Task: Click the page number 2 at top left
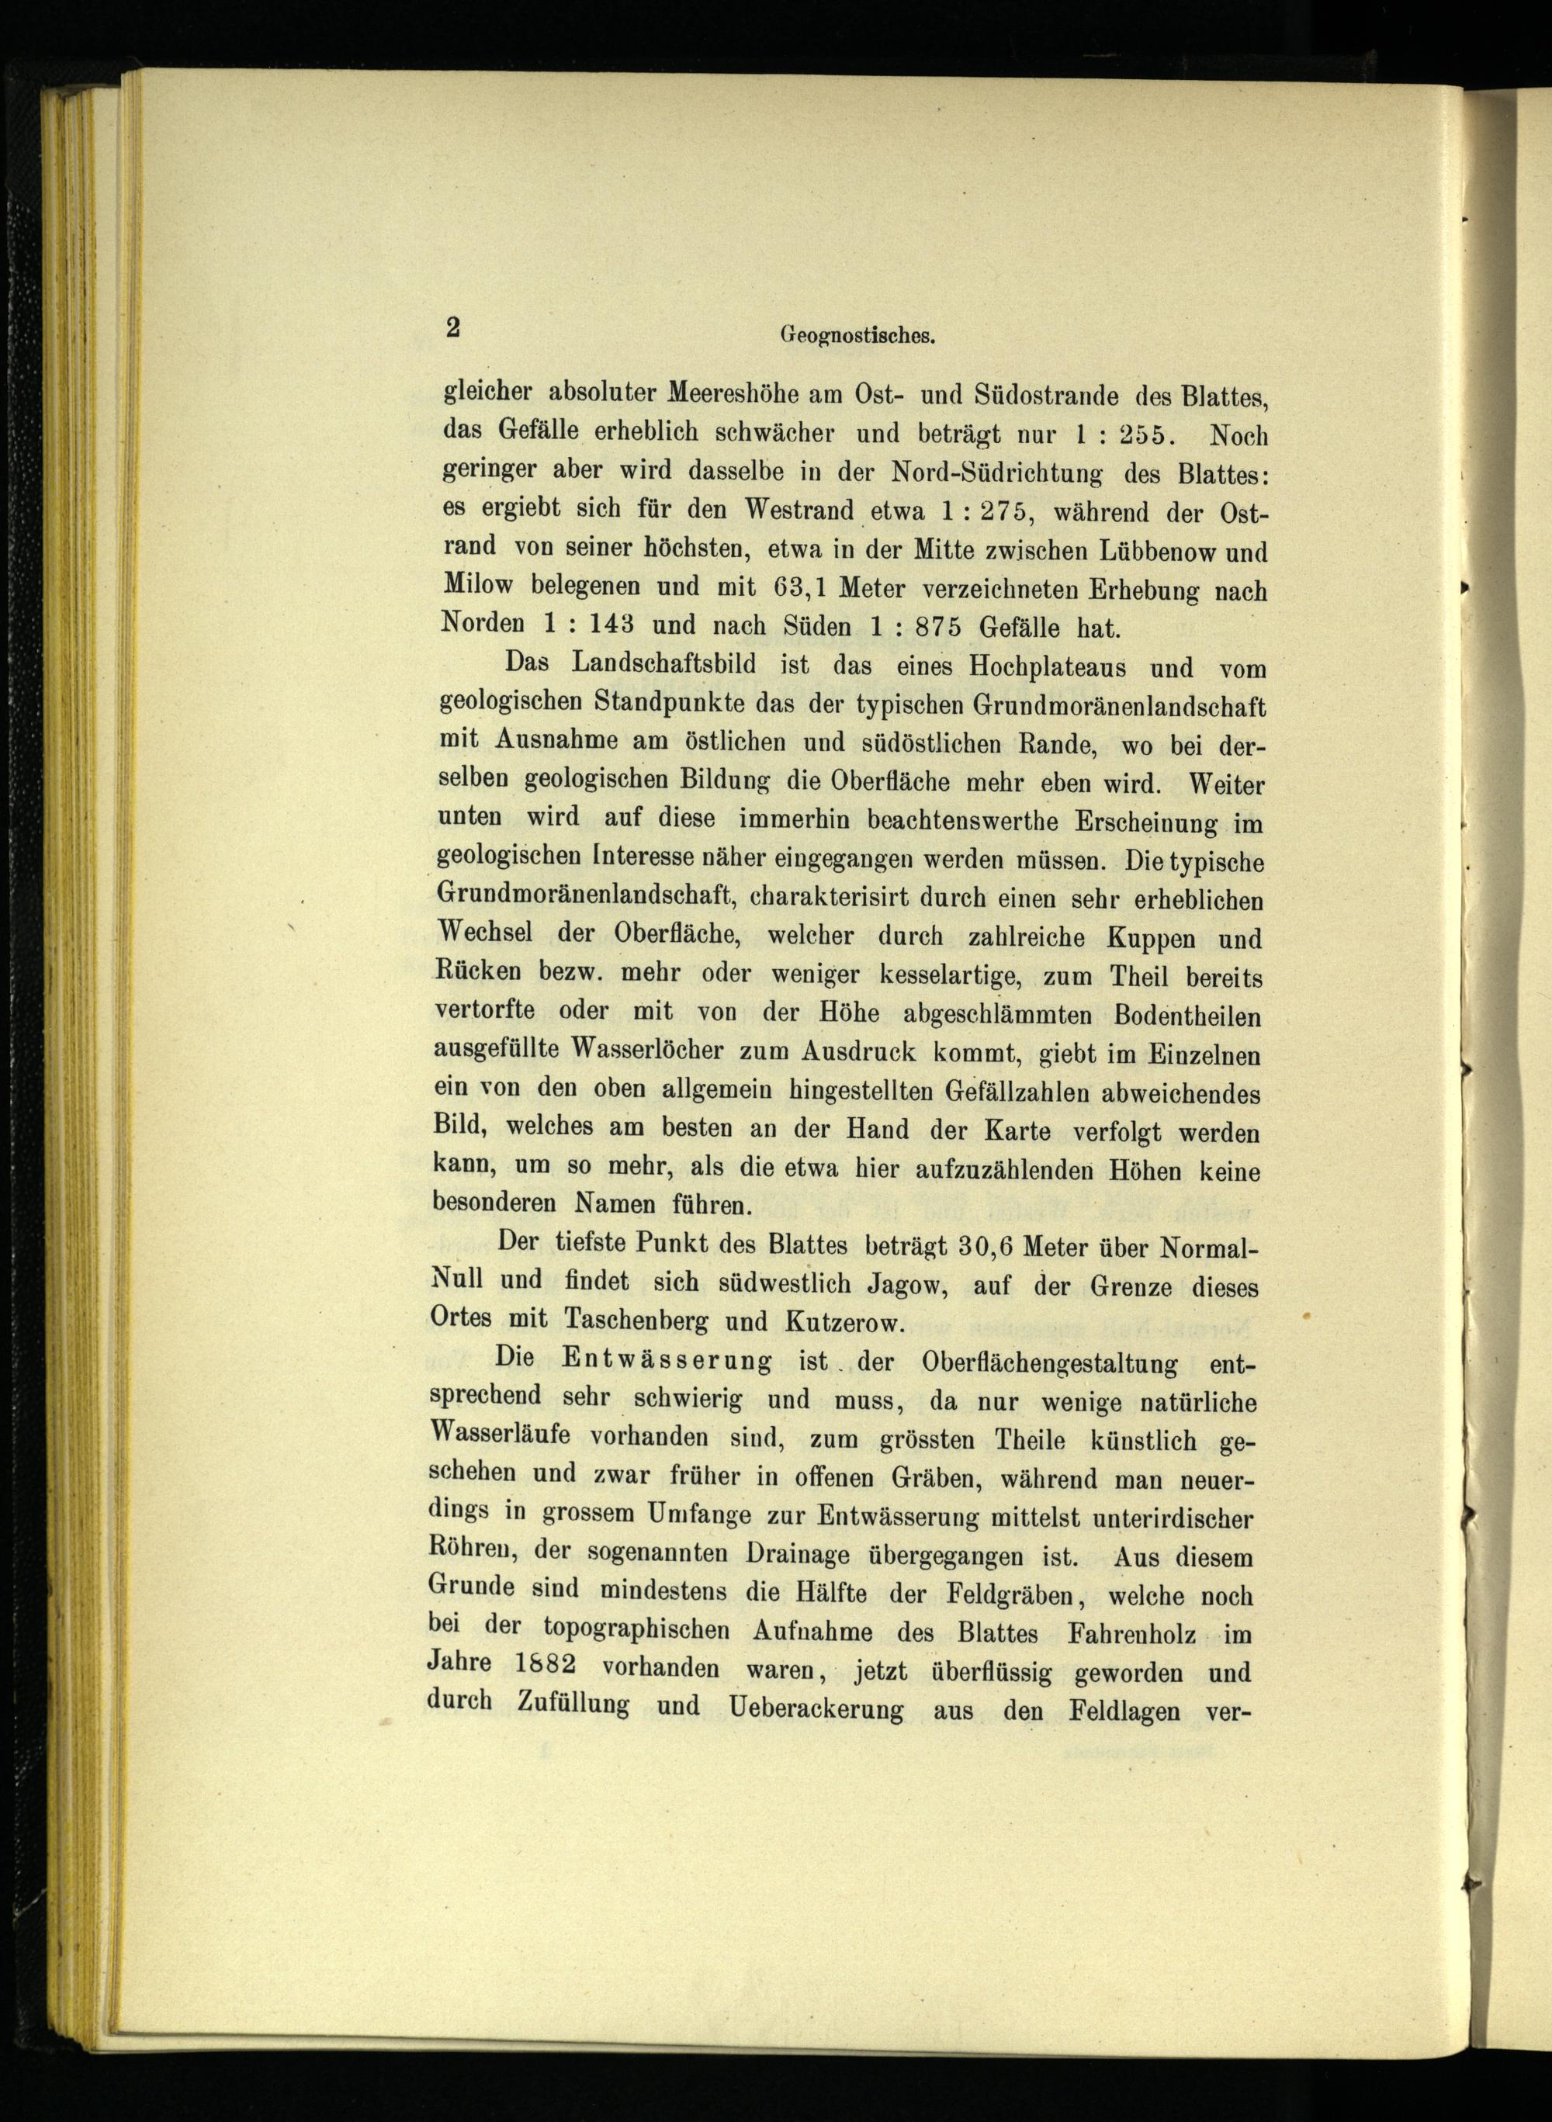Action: click(454, 327)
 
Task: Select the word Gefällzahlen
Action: click(1022, 1092)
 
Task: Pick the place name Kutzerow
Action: click(842, 1324)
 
